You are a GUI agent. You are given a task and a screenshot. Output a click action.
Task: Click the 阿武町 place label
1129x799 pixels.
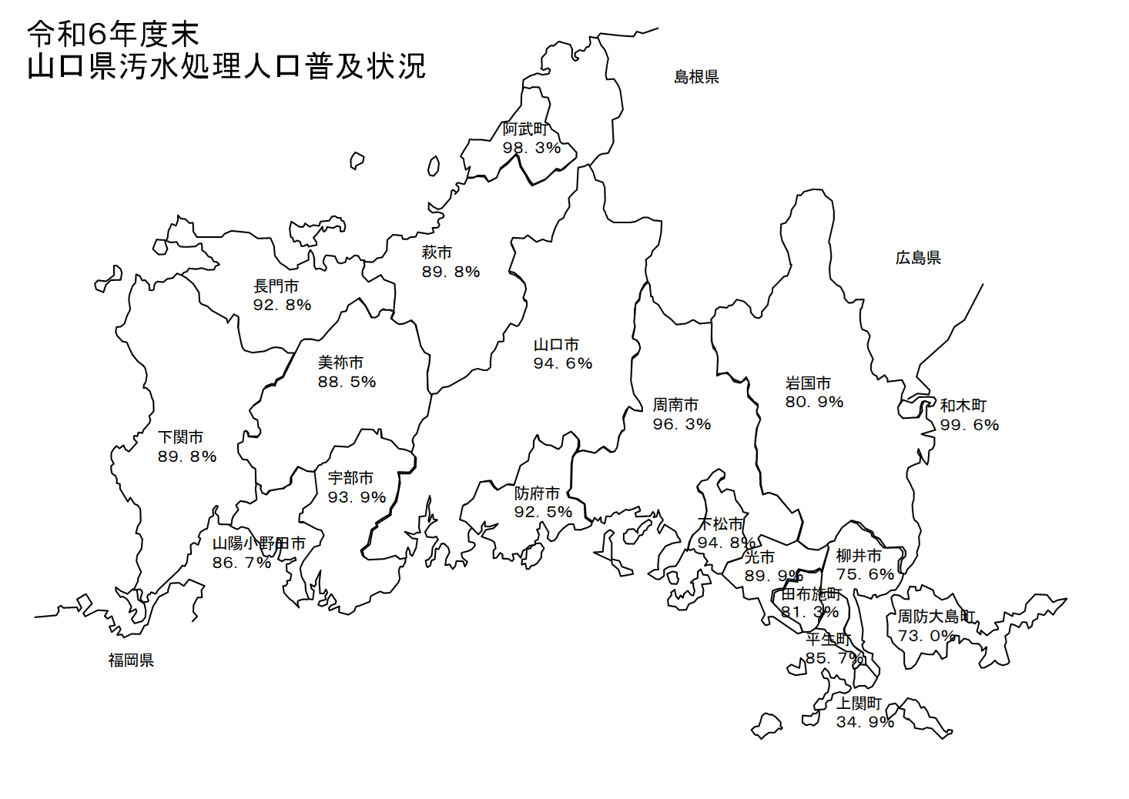[525, 129]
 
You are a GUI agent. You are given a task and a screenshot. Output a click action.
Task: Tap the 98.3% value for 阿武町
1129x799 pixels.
[531, 148]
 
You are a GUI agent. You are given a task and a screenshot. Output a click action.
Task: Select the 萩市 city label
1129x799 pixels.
[437, 252]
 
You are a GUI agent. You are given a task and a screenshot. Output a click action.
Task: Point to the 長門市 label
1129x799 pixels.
[276, 286]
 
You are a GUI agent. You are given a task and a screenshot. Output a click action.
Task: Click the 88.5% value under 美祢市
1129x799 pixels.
[347, 382]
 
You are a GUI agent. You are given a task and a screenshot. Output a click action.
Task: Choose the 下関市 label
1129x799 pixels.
[180, 437]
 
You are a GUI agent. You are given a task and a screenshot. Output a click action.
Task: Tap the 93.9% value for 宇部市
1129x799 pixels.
[357, 497]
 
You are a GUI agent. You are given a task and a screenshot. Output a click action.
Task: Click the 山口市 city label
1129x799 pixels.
[556, 345]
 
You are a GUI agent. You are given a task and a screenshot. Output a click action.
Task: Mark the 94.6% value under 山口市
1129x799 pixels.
[563, 363]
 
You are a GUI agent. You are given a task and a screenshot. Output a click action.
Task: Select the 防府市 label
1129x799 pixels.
[537, 493]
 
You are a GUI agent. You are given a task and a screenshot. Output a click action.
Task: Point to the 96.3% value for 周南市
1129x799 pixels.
[682, 424]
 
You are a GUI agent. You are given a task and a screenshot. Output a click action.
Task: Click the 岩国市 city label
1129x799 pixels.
[808, 383]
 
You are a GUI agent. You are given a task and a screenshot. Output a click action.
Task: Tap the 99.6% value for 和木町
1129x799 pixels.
[969, 425]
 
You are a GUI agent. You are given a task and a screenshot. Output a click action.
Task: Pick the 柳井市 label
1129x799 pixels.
[859, 556]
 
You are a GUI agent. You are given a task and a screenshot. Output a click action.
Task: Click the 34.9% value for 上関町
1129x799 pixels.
[865, 722]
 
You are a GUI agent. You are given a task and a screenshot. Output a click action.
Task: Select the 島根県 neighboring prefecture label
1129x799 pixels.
[696, 77]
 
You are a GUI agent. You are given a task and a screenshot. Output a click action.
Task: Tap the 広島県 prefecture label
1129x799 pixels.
[918, 258]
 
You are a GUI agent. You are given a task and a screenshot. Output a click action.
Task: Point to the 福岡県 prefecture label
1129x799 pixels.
[131, 660]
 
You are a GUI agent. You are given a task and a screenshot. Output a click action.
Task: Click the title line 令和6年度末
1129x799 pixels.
[113, 35]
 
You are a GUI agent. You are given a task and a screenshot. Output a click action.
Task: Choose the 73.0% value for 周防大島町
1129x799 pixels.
[926, 636]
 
